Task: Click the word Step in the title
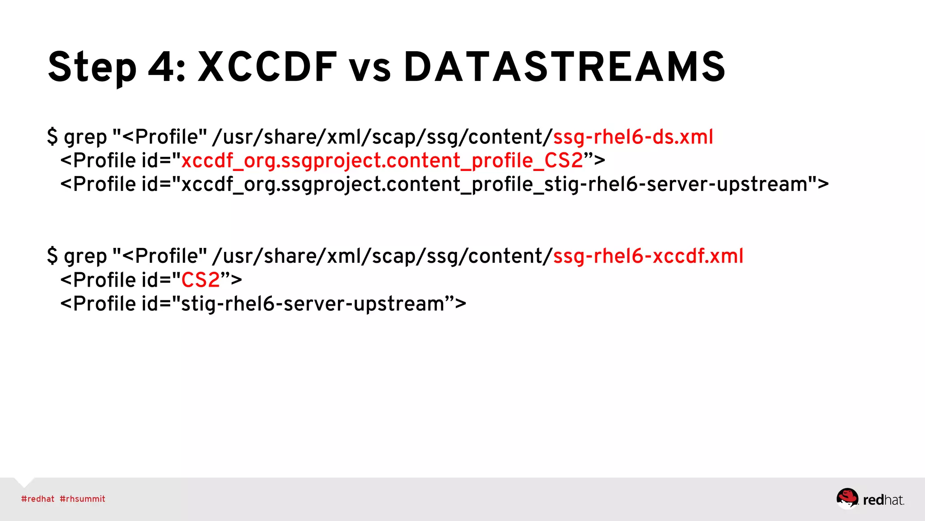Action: (92, 68)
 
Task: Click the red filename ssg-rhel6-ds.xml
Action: (633, 137)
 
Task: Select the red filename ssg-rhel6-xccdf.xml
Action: (648, 256)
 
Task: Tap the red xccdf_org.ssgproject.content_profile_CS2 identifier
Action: (382, 161)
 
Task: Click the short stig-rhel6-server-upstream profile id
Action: (313, 304)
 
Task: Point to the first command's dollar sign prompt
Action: (52, 137)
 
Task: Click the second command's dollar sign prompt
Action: (52, 256)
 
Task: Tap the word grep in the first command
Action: (85, 138)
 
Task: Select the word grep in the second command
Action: (85, 257)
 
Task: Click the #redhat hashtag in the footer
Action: (37, 499)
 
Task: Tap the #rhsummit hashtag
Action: (82, 499)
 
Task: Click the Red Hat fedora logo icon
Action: (847, 498)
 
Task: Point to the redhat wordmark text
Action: (883, 500)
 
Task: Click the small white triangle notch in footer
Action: (24, 482)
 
